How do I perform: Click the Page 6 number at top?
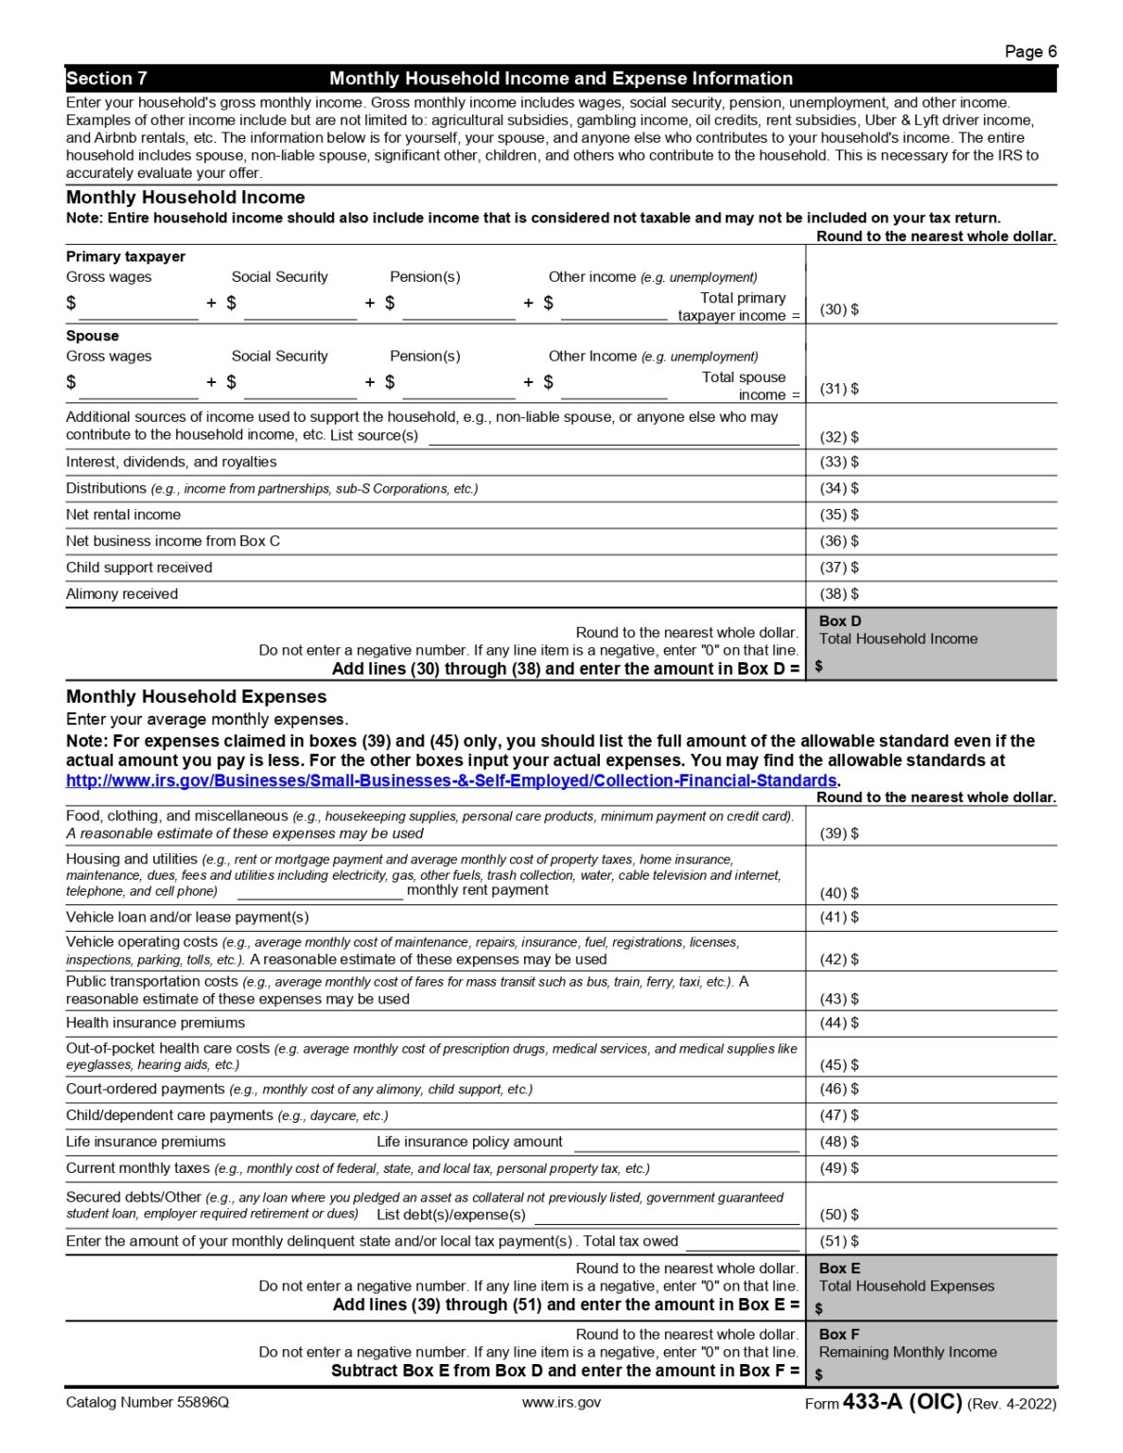[1029, 52]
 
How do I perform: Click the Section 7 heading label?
[106, 79]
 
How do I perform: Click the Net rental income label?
[123, 515]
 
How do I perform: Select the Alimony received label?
[122, 594]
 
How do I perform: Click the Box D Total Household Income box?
[931, 644]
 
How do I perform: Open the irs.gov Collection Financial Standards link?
[451, 780]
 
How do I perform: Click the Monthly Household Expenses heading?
[196, 696]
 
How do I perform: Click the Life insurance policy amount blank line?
[686, 1143]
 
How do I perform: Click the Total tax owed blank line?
[743, 1242]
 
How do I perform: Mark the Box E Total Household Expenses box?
[931, 1288]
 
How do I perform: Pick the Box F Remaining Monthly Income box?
[931, 1354]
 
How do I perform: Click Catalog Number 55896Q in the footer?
[148, 1402]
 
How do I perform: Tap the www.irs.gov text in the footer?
[561, 1402]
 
